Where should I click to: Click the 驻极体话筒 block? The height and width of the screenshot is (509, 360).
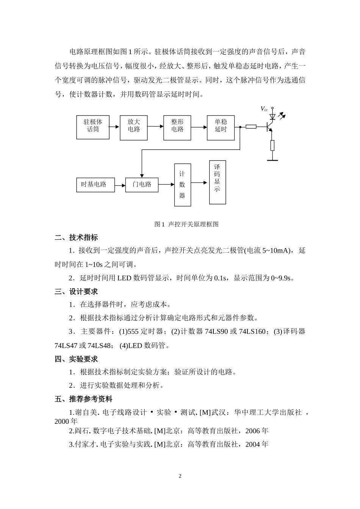pyautogui.click(x=93, y=127)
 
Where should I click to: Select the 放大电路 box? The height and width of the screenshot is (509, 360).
pyautogui.click(x=134, y=126)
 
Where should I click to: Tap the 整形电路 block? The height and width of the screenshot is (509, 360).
pyautogui.click(x=177, y=126)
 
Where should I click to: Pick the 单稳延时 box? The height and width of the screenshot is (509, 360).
pyautogui.click(x=221, y=127)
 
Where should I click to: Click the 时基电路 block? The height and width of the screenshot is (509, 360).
pyautogui.click(x=95, y=185)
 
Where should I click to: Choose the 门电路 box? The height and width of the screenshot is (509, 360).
pyautogui.click(x=142, y=185)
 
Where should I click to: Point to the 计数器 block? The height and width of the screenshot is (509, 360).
pyautogui.click(x=182, y=185)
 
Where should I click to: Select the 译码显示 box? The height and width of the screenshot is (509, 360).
pyautogui.click(x=217, y=182)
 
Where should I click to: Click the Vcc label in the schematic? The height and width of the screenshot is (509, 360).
pyautogui.click(x=264, y=109)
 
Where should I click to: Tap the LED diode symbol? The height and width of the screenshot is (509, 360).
pyautogui.click(x=272, y=117)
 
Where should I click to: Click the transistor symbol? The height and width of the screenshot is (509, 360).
pyautogui.click(x=270, y=126)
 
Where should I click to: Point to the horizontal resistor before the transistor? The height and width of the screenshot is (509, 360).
pyautogui.click(x=251, y=126)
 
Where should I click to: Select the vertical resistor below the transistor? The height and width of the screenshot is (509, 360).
pyautogui.click(x=272, y=145)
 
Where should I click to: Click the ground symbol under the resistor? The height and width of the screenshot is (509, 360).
pyautogui.click(x=272, y=160)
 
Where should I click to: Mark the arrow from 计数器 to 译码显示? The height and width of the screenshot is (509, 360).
pyautogui.click(x=200, y=182)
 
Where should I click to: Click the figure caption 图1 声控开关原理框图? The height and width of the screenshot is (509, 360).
pyautogui.click(x=186, y=224)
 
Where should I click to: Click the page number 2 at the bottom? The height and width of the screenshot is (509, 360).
pyautogui.click(x=180, y=476)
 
